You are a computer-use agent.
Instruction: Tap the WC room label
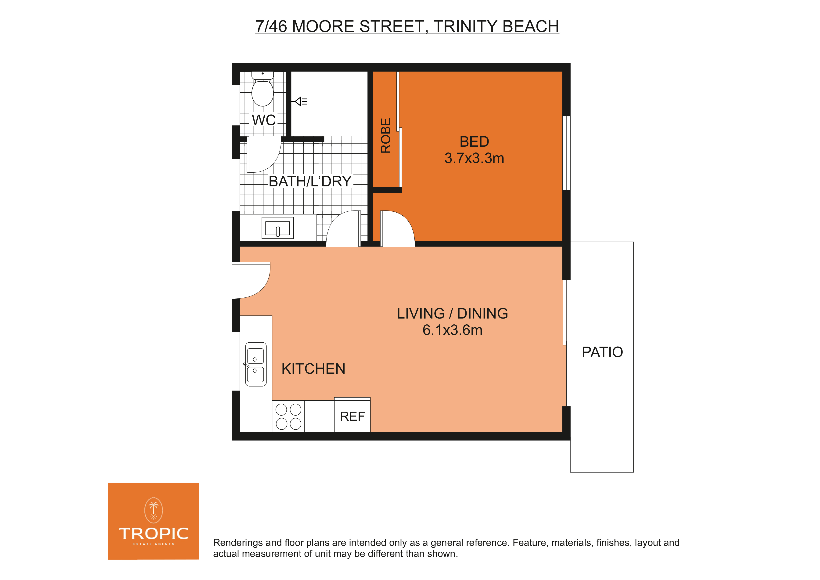pyautogui.click(x=264, y=120)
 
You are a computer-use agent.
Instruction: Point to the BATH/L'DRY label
pyautogui.click(x=310, y=181)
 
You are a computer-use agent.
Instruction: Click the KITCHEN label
pyautogui.click(x=313, y=369)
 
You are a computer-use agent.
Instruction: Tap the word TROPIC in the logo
pyautogui.click(x=154, y=533)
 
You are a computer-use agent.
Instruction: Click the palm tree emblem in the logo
pyautogui.click(x=154, y=510)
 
